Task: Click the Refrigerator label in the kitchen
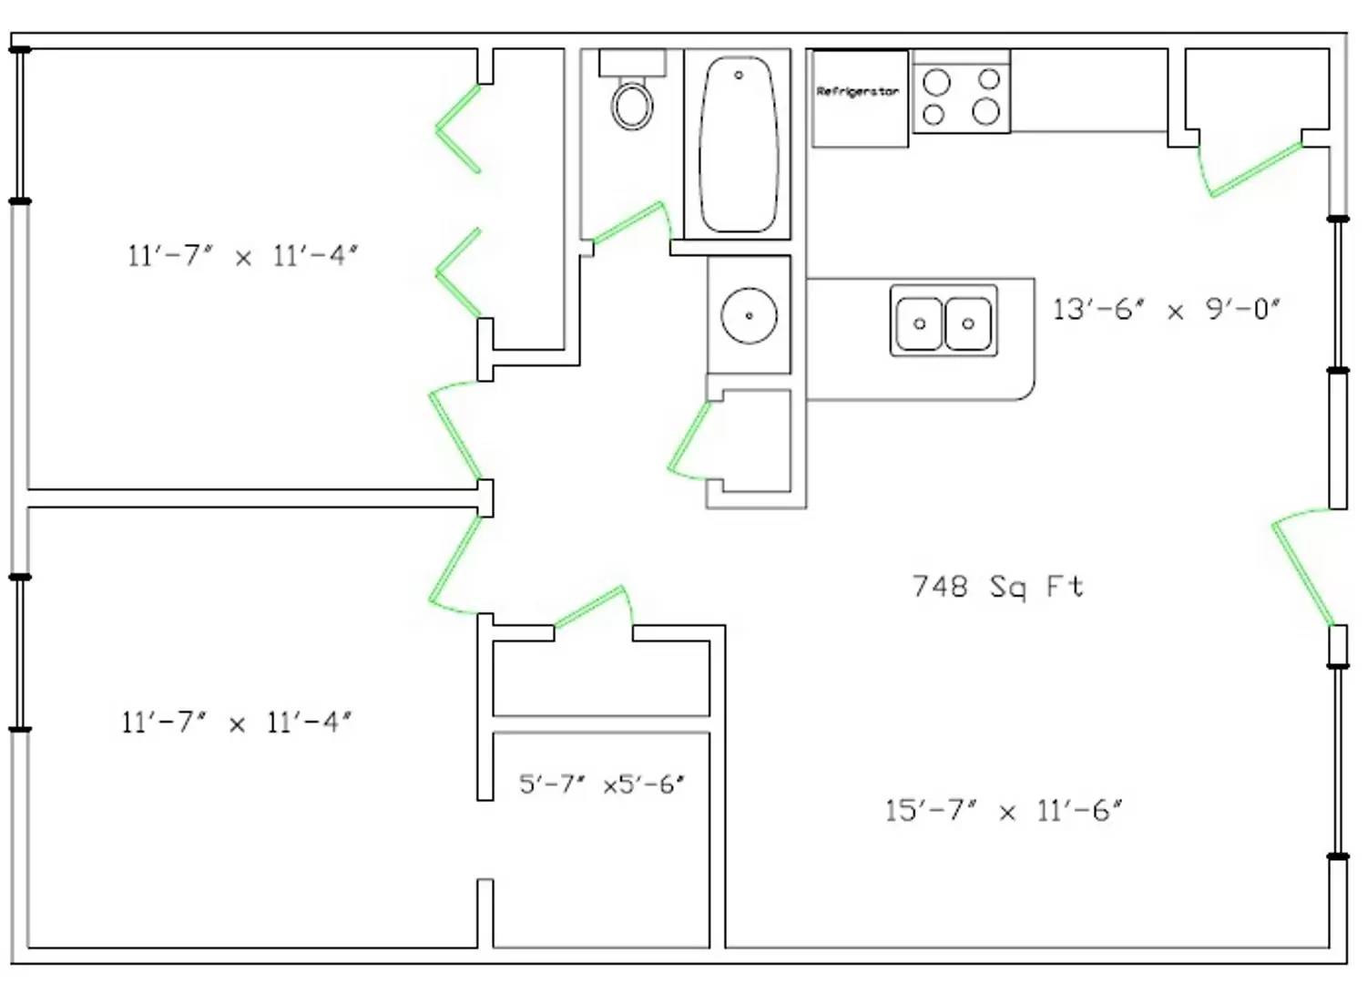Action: [857, 91]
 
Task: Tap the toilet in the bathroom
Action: [632, 105]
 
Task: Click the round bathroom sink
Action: [749, 315]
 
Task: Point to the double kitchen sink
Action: [944, 322]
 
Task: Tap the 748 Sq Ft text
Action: [998, 586]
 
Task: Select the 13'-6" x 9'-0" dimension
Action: [1166, 310]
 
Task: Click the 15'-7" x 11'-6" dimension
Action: [1003, 810]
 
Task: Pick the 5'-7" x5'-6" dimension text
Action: [601, 784]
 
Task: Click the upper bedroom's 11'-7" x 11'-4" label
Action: [242, 256]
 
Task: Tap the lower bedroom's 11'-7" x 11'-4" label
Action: [237, 723]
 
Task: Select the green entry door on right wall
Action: [1302, 570]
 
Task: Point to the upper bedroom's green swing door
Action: [454, 433]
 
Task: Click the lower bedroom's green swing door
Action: [454, 565]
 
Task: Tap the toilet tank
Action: [632, 63]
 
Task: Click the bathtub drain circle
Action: [739, 75]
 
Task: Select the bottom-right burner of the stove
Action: [986, 113]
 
